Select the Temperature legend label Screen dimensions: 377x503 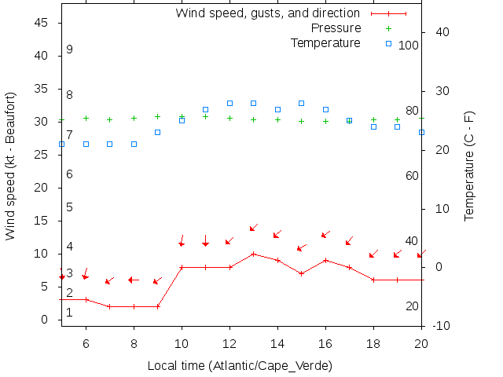coord(325,42)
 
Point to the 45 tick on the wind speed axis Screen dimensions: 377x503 coord(43,23)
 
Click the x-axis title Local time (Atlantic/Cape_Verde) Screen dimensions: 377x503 coord(240,366)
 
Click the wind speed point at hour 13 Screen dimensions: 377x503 coord(254,254)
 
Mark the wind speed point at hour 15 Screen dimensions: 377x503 coord(302,273)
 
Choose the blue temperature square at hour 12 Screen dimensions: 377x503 coord(229,103)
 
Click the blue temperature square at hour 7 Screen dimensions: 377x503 coord(109,144)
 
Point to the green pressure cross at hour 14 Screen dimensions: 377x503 coord(277,119)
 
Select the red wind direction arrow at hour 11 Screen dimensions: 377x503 coord(205,240)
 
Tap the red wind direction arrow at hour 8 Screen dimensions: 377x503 coord(134,280)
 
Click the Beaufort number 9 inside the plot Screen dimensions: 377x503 coord(69,49)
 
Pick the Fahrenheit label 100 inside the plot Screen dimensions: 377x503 coord(409,45)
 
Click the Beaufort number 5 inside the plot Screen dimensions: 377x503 coord(69,207)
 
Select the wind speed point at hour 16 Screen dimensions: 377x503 coord(325,260)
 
